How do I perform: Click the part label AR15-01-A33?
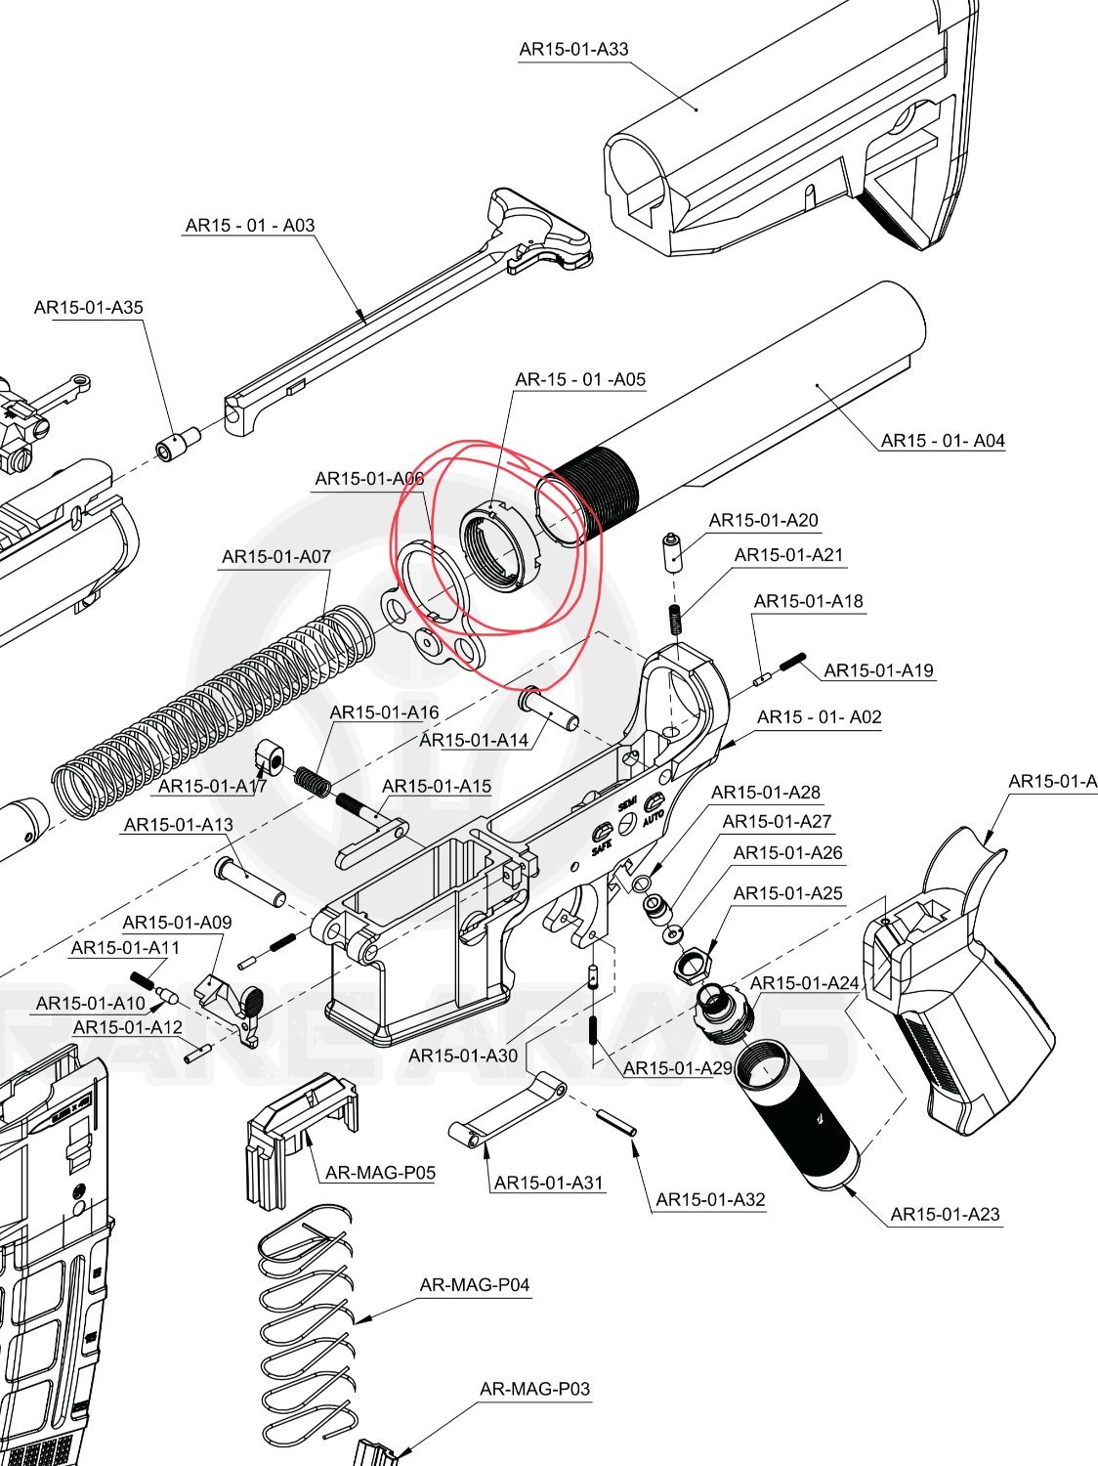click(573, 49)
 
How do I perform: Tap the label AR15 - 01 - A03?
click(250, 225)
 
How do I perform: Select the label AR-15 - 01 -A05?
click(580, 379)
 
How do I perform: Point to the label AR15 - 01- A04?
click(943, 441)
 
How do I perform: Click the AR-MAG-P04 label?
click(475, 1285)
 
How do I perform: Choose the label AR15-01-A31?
click(549, 1183)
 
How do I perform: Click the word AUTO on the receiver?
click(654, 813)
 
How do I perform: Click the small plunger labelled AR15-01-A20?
click(673, 553)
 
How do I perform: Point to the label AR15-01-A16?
click(384, 712)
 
